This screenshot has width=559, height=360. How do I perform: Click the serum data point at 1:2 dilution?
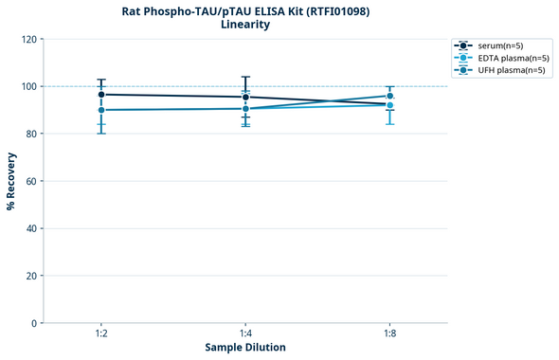point(101,95)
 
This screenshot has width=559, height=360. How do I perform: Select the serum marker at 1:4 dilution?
point(245,97)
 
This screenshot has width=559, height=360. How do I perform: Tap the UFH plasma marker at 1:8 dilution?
point(389,96)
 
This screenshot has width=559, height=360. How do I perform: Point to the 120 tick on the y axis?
point(28,39)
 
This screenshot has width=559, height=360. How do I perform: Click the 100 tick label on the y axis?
point(28,86)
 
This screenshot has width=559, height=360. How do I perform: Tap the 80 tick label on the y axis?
point(30,134)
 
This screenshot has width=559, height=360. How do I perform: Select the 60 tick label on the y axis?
point(30,181)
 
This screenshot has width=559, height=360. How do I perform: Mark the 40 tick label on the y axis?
point(30,228)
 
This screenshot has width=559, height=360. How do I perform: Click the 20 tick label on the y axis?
point(30,276)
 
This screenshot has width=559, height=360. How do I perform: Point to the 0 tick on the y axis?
point(33,323)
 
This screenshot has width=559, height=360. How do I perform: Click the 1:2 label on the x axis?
point(101,333)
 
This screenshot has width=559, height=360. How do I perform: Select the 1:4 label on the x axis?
point(245,333)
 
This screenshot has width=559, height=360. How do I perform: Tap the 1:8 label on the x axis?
point(389,333)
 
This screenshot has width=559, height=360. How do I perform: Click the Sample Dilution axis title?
point(245,348)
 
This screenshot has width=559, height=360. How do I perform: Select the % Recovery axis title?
point(11,181)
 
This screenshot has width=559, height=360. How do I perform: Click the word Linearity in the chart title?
point(245,26)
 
